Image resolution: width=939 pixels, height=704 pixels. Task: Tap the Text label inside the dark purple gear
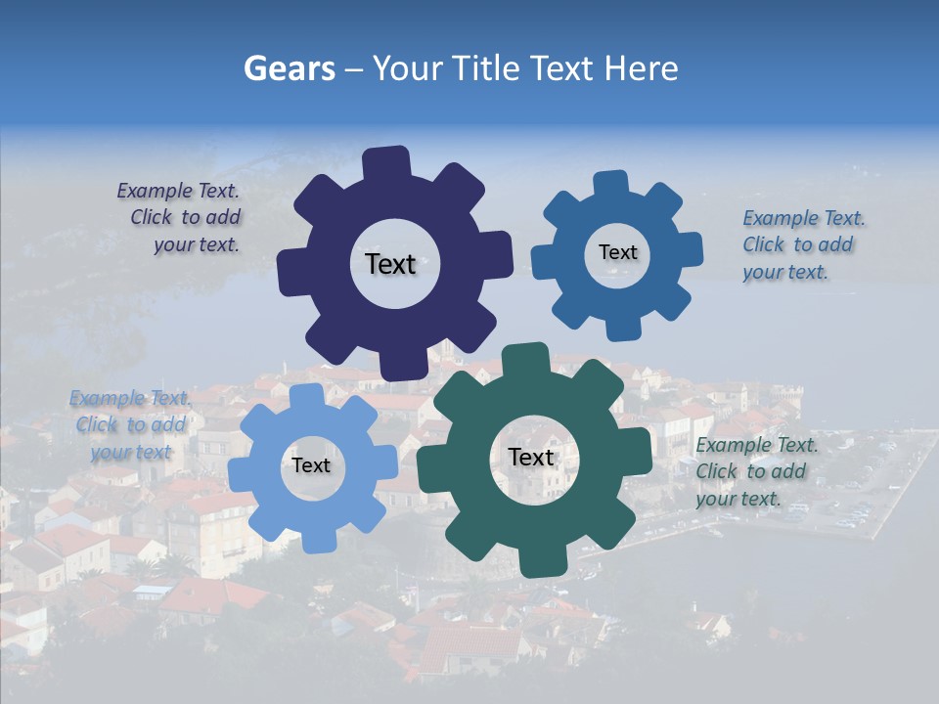pyautogui.click(x=390, y=264)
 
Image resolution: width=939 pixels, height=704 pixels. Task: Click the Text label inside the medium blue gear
pyautogui.click(x=617, y=252)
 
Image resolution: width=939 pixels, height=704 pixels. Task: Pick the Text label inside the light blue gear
pyautogui.click(x=311, y=466)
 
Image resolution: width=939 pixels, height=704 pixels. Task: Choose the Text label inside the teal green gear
pyautogui.click(x=531, y=458)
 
